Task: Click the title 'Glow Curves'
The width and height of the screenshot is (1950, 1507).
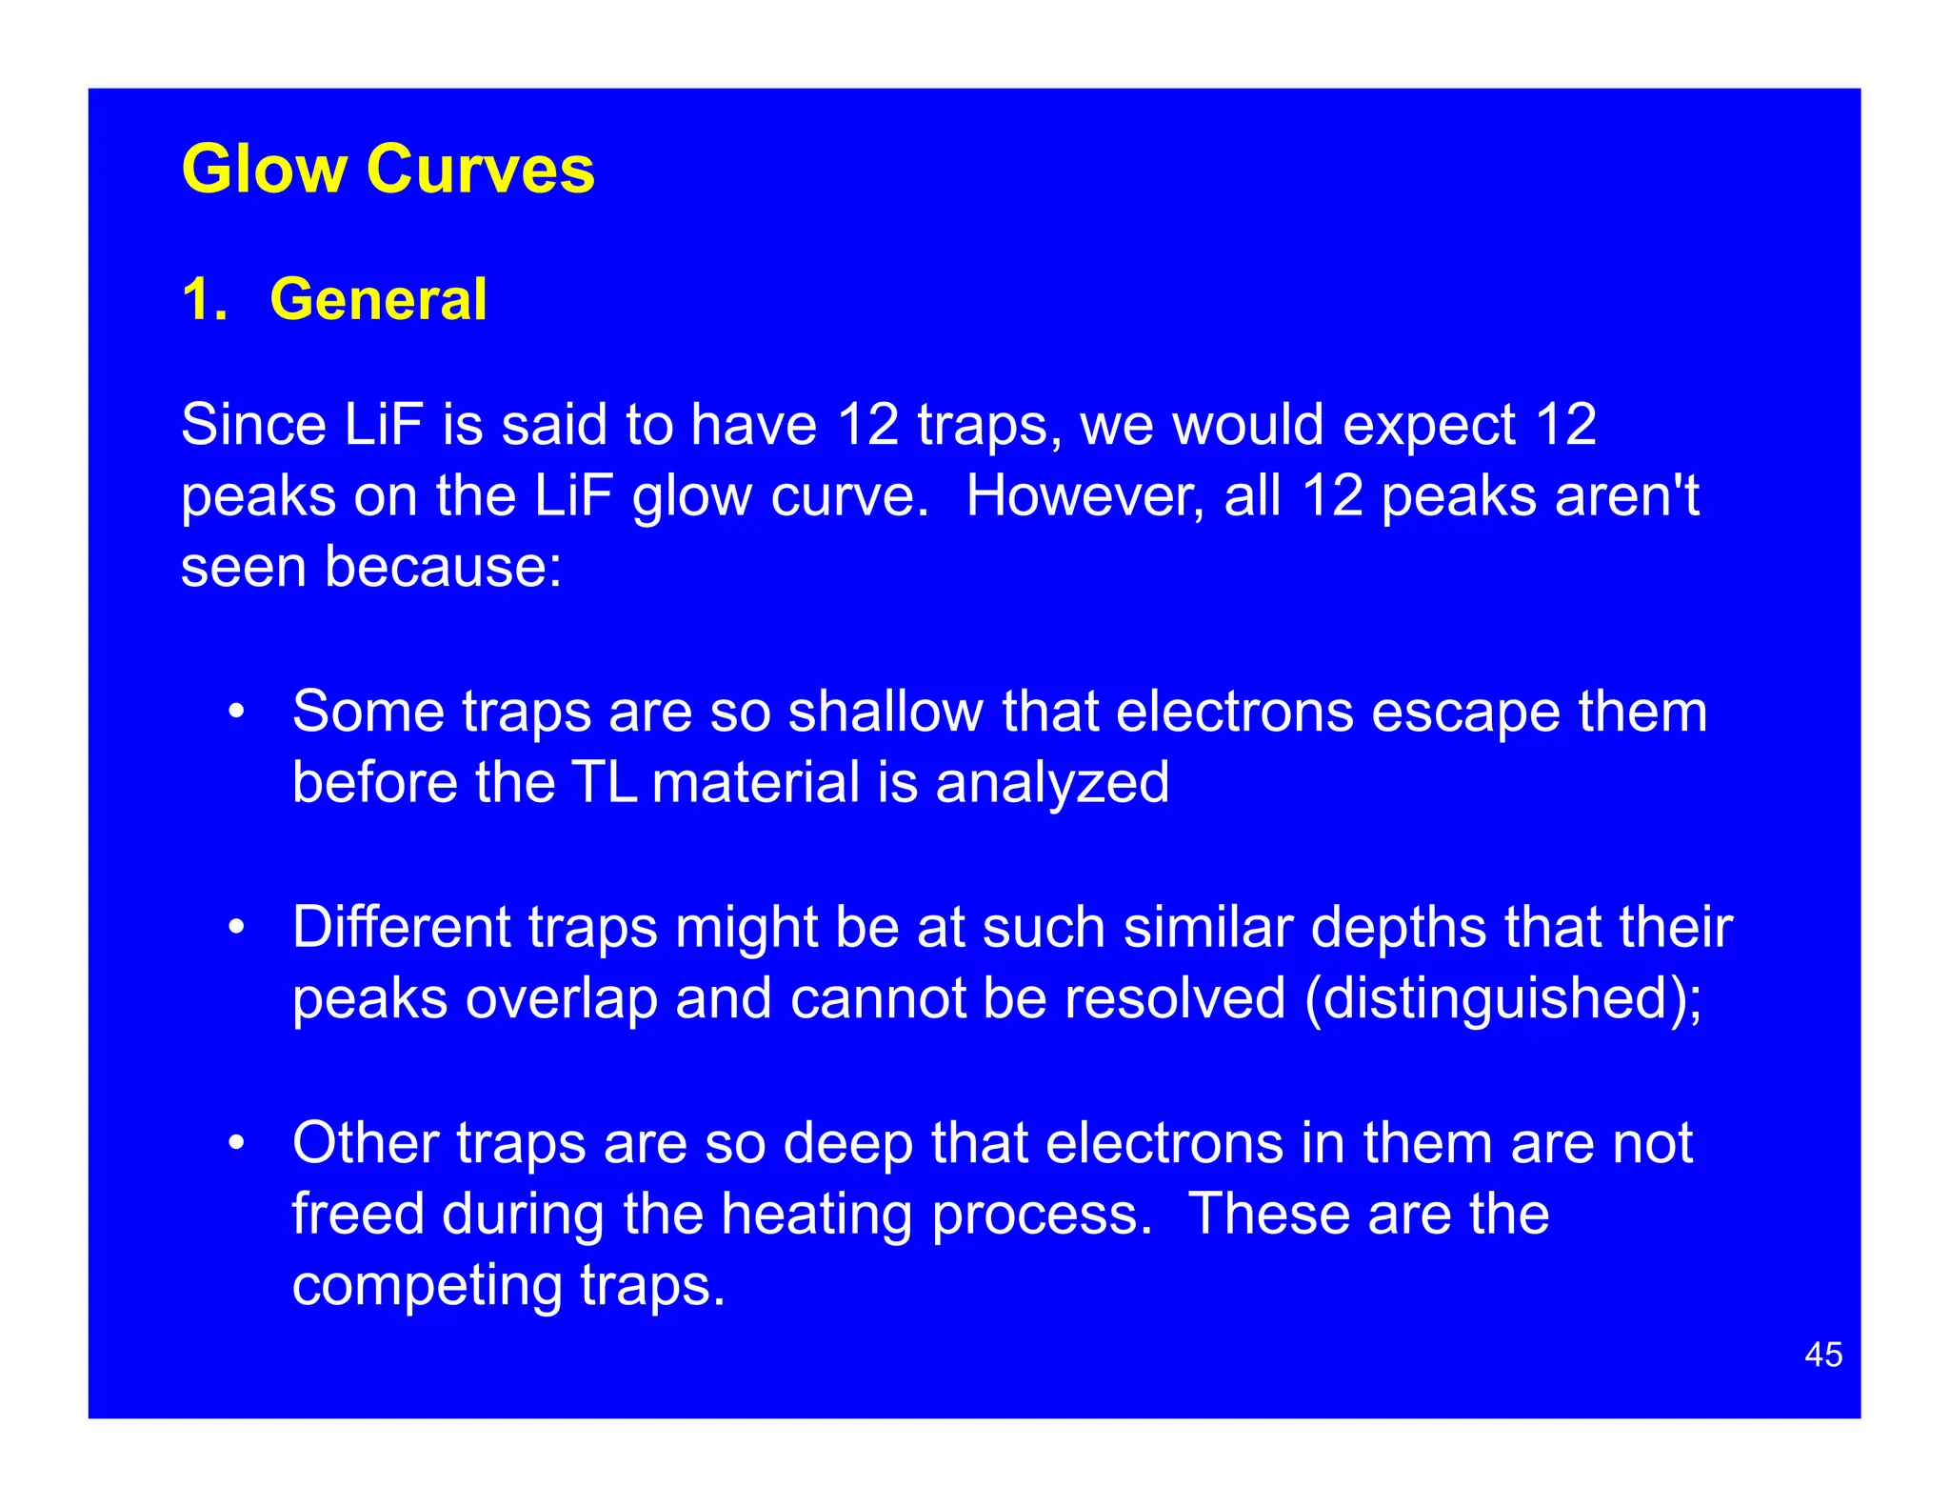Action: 388,170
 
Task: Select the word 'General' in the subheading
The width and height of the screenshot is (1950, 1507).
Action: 378,299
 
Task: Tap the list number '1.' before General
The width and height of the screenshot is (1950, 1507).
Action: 204,299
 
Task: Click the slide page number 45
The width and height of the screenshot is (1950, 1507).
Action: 1822,1355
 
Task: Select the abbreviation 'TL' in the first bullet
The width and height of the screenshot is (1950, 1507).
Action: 604,782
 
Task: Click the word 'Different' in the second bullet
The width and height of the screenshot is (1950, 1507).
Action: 401,927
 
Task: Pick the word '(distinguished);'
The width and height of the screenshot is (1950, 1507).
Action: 1503,999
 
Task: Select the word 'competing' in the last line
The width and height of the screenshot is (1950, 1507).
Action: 427,1286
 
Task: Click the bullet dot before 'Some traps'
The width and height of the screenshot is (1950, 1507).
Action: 236,712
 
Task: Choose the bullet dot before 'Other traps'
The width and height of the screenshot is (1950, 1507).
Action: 236,1142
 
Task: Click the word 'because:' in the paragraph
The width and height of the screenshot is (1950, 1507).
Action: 443,567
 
